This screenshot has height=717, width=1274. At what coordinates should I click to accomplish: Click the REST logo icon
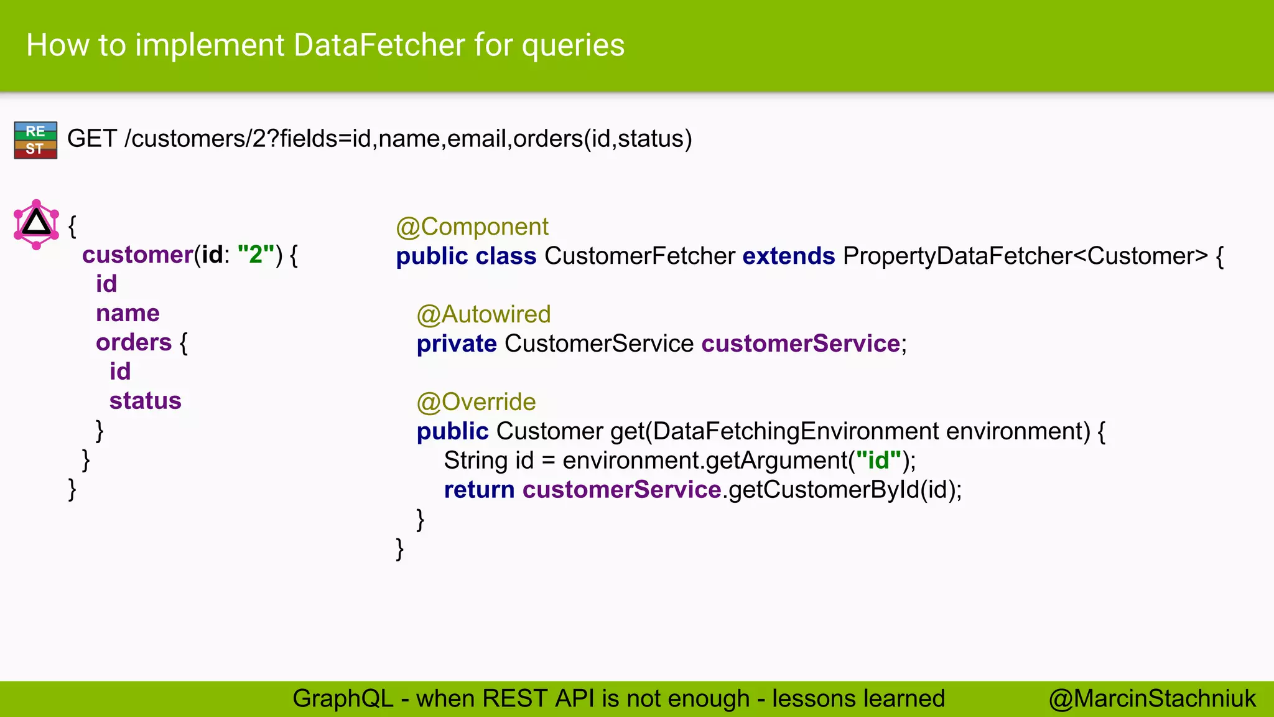tap(35, 140)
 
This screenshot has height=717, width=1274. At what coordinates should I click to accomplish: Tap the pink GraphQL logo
tap(36, 224)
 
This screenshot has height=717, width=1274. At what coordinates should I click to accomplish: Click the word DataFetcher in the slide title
tap(379, 45)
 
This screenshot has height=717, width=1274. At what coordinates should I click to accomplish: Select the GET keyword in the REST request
tap(91, 138)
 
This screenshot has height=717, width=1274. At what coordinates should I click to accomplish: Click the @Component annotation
tap(472, 227)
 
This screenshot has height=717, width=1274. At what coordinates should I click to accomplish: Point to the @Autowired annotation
tap(483, 314)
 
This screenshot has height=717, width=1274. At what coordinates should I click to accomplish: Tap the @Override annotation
tap(476, 402)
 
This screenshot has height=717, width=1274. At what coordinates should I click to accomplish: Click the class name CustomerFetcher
tap(639, 256)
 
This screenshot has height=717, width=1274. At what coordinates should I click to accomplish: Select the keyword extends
tap(788, 256)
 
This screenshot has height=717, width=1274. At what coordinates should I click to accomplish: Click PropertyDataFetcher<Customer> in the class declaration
tap(1025, 256)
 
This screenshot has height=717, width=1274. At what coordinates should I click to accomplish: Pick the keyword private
tap(457, 344)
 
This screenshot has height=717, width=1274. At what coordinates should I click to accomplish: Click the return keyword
tap(479, 490)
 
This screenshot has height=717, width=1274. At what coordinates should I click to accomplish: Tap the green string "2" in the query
tap(256, 255)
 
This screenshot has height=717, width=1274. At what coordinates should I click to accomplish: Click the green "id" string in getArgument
tap(878, 461)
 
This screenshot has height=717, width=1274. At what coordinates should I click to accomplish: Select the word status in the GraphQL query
tap(145, 401)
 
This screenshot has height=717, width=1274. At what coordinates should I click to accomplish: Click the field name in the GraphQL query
tap(128, 313)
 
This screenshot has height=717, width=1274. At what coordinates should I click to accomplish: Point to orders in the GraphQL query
tap(134, 342)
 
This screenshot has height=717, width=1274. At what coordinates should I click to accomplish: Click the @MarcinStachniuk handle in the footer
tap(1152, 699)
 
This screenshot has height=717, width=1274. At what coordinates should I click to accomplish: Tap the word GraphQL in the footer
tap(343, 699)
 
